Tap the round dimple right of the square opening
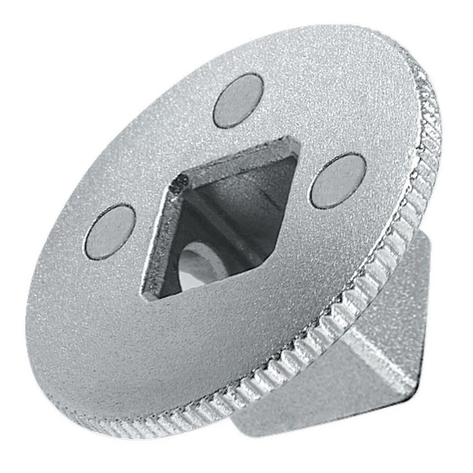pyautogui.click(x=338, y=180)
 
